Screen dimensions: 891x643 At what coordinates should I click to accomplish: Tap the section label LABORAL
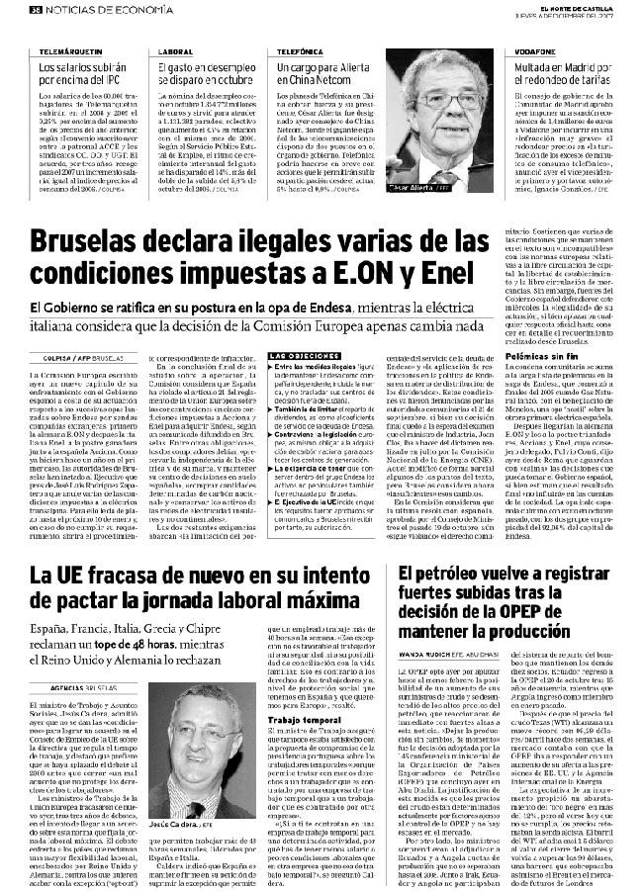pos(174,48)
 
